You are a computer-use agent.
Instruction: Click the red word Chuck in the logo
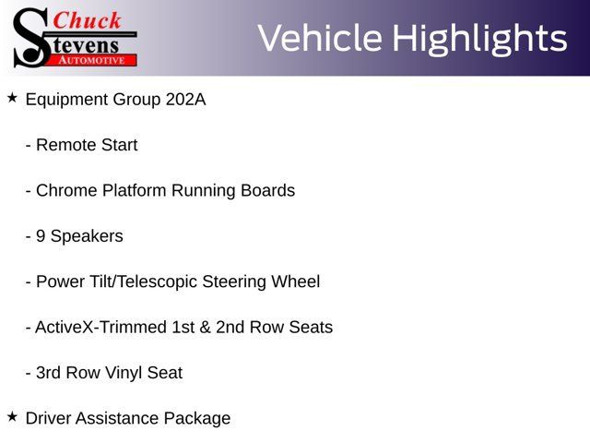click(x=88, y=20)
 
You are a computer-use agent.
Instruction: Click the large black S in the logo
click(x=31, y=38)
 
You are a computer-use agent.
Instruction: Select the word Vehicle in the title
click(x=320, y=38)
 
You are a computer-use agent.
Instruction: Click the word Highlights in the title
click(x=479, y=39)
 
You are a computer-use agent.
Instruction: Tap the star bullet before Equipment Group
click(x=12, y=98)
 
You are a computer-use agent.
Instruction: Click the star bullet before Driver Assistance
click(x=12, y=416)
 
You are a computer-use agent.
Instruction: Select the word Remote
click(x=66, y=145)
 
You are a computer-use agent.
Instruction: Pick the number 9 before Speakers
click(x=41, y=236)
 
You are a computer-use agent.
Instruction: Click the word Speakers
click(x=87, y=237)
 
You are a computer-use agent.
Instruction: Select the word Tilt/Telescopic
click(x=144, y=282)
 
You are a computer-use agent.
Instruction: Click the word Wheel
click(x=296, y=281)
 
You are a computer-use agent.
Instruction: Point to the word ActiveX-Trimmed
click(x=100, y=328)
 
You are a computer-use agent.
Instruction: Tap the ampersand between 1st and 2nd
click(x=205, y=328)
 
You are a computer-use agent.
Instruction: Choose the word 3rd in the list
click(x=49, y=373)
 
